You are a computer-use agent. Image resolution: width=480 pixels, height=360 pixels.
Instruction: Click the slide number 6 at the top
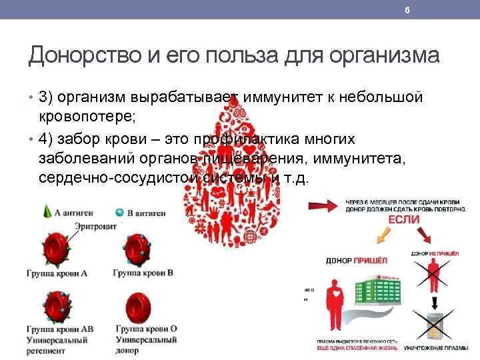coord(407,9)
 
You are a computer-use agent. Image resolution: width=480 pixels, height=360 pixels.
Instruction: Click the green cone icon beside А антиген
coord(46,211)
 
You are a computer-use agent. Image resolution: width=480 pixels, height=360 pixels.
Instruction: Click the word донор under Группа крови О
coord(127,351)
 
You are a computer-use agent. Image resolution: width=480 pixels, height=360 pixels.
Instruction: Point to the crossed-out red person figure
coord(435,275)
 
